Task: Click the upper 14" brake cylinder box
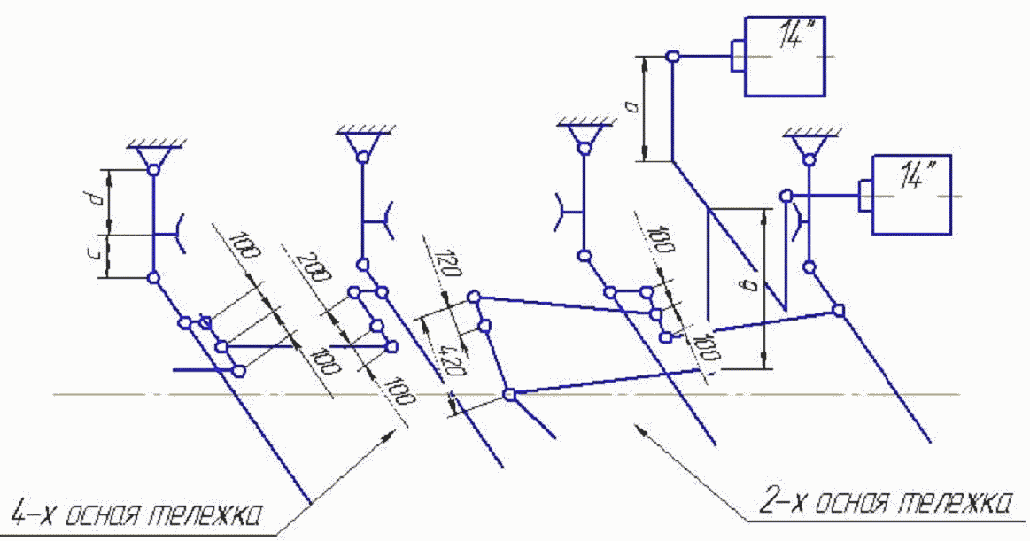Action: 787,56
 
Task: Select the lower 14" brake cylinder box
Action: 913,194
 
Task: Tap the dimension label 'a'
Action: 632,109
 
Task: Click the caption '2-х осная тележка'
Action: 886,503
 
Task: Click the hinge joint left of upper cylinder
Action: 672,57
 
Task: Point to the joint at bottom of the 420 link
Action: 509,395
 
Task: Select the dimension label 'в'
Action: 752,285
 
